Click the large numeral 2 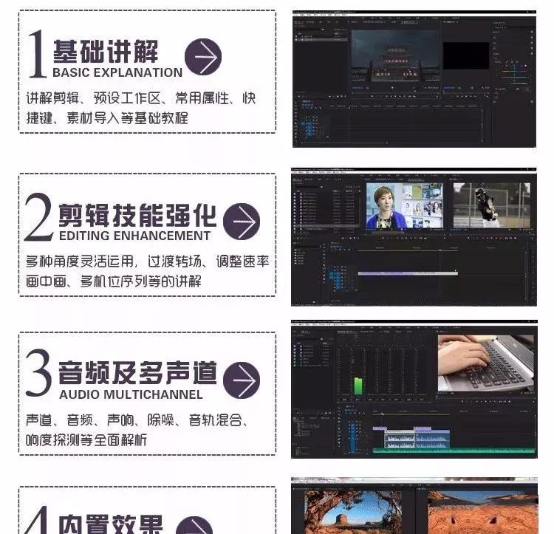[x=38, y=216]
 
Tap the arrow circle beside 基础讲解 [x=203, y=57]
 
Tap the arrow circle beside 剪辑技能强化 [x=242, y=221]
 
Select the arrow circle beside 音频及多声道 [x=242, y=380]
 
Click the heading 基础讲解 [x=105, y=52]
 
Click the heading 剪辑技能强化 [x=137, y=214]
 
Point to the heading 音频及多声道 [x=137, y=373]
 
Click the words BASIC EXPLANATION [x=117, y=72]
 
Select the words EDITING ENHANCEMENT [x=134, y=236]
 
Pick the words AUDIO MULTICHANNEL [x=131, y=394]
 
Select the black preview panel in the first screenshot [x=466, y=55]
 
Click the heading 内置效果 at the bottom [x=111, y=523]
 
